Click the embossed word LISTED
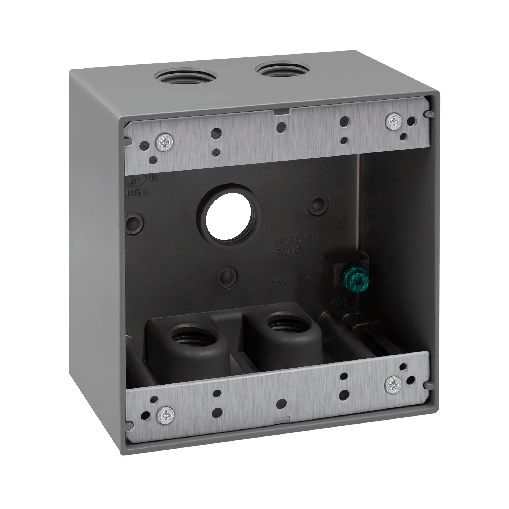136,192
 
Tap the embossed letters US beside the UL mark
153,178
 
